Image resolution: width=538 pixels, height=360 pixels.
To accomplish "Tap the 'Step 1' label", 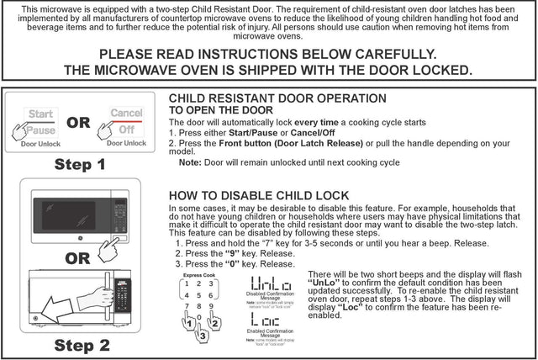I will [x=81, y=165].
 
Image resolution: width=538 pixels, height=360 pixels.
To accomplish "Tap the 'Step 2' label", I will [x=82, y=345].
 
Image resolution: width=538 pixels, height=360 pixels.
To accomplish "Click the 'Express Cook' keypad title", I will [x=198, y=274].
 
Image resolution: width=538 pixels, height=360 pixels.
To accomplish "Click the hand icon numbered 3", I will [x=200, y=335].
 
